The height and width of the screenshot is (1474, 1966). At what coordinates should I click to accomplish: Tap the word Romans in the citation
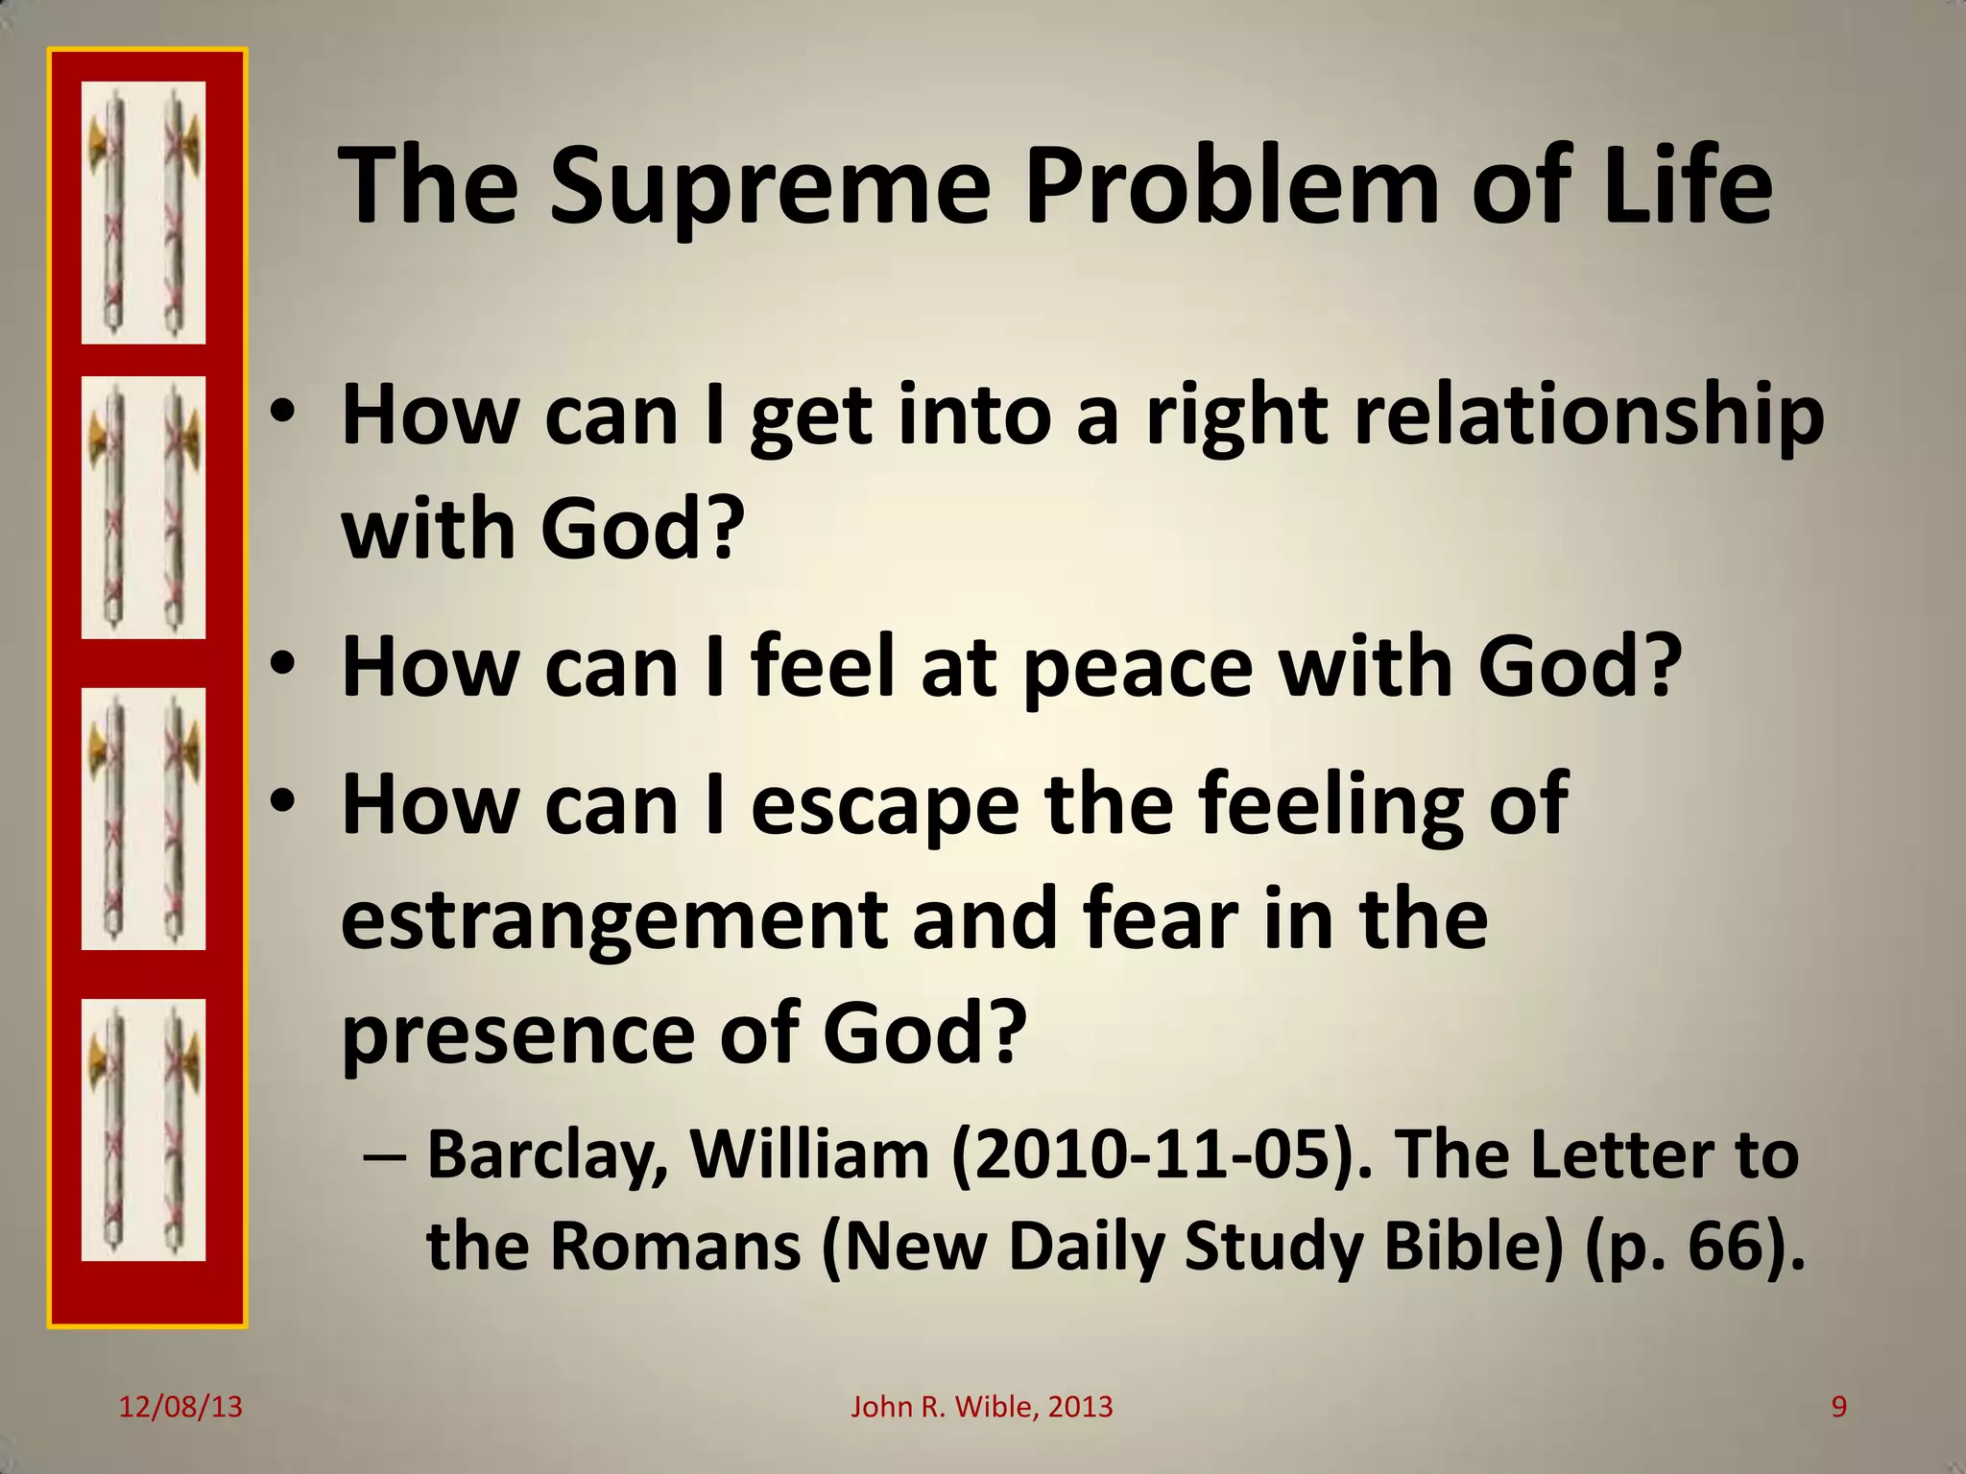676,1247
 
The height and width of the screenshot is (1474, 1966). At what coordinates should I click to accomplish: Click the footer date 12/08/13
180,1407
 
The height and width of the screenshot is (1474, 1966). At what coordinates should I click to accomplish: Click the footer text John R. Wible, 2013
981,1407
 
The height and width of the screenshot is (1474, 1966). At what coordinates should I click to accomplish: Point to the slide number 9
1838,1407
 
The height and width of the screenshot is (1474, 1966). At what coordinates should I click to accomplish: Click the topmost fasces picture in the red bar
143,213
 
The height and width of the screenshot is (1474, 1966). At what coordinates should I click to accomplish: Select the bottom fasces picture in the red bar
143,1129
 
